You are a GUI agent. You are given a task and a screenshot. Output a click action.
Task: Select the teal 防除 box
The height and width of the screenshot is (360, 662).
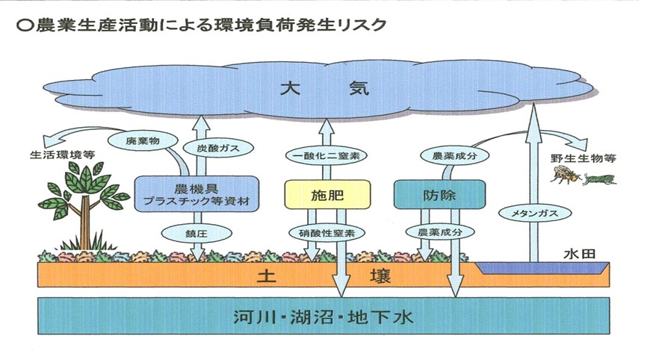(x=439, y=195)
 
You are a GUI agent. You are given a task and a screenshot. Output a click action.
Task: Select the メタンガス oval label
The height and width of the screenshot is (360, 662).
(x=531, y=214)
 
